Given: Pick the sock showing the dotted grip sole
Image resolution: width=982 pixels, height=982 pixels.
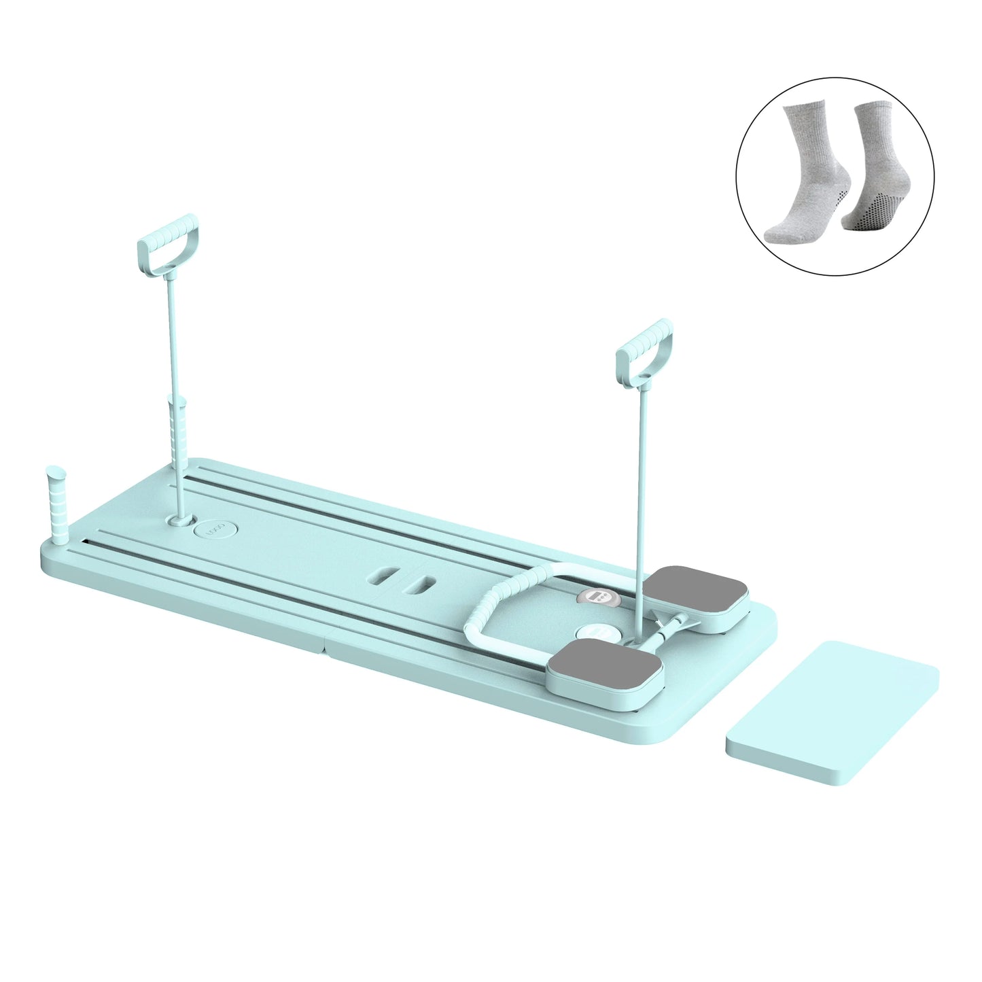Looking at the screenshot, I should [873, 177].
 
